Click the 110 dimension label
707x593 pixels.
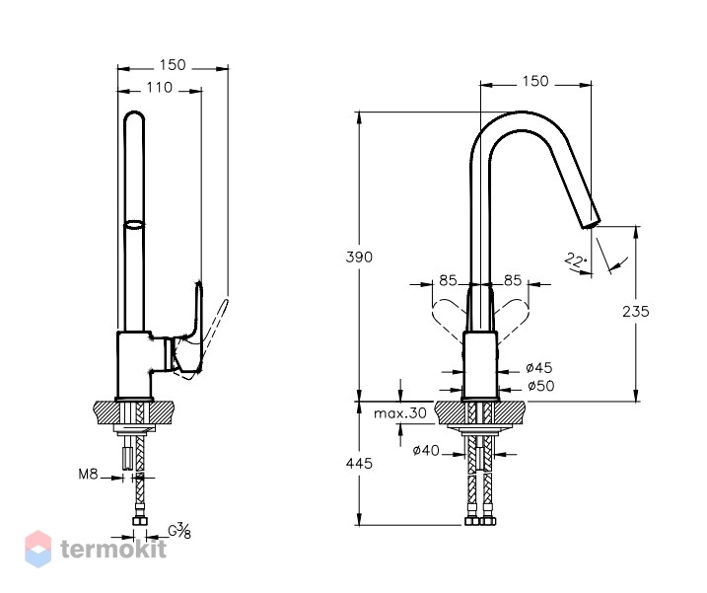(159, 87)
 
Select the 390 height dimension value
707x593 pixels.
(359, 258)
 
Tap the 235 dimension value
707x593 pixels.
(636, 312)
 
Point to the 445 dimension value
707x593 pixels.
(359, 464)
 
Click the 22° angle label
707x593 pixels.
(576, 260)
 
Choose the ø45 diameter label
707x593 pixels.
(539, 368)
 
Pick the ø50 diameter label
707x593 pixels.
(541, 387)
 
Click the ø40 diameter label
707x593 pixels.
(426, 450)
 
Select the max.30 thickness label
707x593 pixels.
(400, 413)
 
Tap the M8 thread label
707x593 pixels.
(89, 475)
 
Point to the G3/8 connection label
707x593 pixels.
(179, 531)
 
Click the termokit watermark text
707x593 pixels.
(113, 550)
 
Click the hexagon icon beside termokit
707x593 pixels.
(38, 549)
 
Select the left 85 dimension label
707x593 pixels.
(448, 280)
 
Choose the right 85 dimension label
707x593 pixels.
(513, 280)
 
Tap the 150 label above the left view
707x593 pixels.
(173, 65)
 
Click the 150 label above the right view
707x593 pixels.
(535, 81)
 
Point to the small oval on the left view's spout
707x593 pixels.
(134, 224)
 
